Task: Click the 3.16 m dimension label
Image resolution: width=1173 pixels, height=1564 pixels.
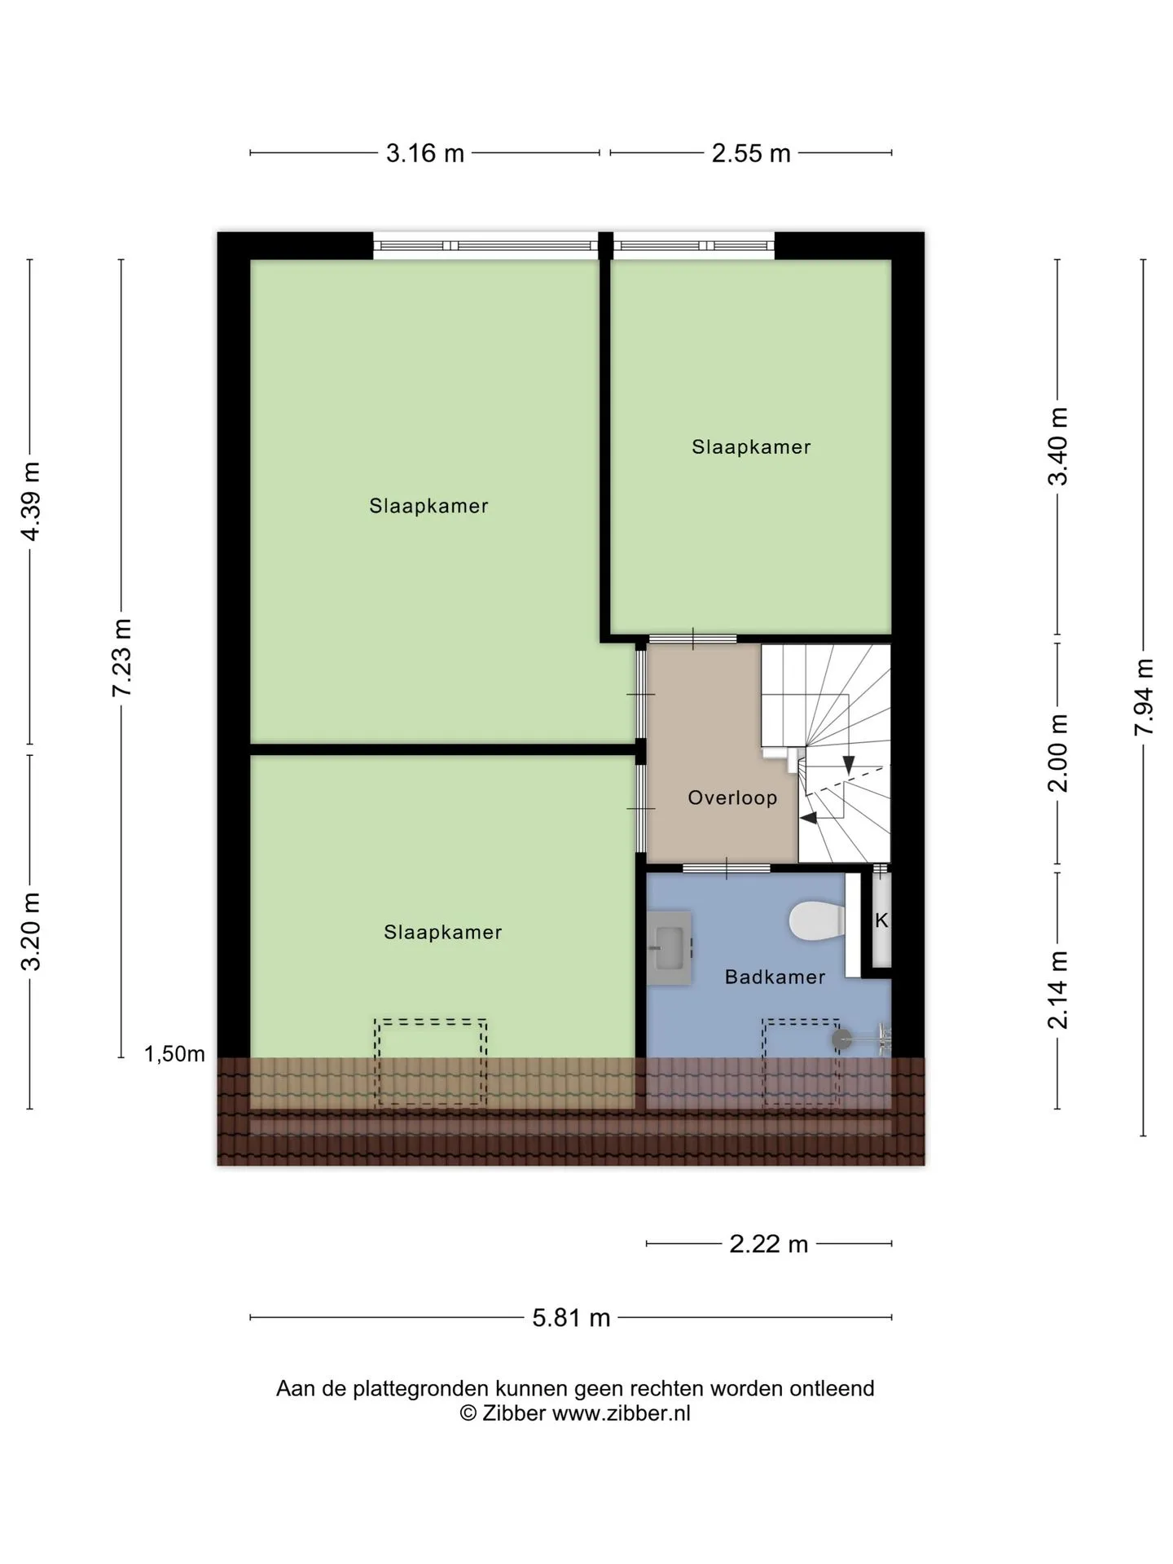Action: (424, 153)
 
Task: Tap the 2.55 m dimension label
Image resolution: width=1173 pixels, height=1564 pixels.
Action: (751, 153)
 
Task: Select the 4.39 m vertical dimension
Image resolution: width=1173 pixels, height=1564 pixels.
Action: (31, 501)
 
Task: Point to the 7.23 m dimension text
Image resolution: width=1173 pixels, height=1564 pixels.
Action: (122, 657)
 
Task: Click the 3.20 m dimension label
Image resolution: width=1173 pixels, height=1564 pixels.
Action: (31, 931)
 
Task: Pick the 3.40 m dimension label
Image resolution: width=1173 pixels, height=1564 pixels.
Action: (1058, 446)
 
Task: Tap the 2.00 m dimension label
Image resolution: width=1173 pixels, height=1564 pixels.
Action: (1058, 753)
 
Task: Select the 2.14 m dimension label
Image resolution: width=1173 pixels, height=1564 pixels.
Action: (1058, 990)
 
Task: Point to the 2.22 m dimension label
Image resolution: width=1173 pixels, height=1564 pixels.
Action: (768, 1244)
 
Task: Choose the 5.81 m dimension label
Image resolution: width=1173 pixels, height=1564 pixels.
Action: (571, 1317)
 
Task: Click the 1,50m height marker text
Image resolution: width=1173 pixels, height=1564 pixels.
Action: (174, 1054)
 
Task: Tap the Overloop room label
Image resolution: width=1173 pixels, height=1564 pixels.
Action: (732, 797)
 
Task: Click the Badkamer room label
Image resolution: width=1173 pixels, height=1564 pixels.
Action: (775, 977)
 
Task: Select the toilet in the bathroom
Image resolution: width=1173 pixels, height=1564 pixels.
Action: (817, 920)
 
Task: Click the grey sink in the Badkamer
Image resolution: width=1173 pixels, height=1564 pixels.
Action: (670, 948)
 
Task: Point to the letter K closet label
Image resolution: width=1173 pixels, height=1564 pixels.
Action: (881, 920)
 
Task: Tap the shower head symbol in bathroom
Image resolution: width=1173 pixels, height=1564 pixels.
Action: (841, 1039)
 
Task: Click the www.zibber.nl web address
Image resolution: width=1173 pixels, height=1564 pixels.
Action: (621, 1413)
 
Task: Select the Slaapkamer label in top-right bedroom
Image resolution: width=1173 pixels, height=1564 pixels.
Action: (751, 446)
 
